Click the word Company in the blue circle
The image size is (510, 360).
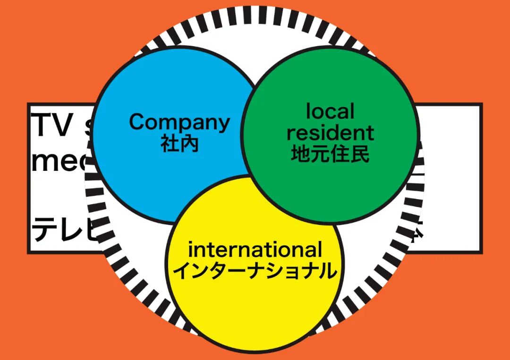point(179,122)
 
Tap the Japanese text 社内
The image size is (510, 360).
point(179,143)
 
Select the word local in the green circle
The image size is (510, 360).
point(330,112)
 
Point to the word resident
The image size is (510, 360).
point(330,133)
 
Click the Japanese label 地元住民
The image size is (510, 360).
point(330,154)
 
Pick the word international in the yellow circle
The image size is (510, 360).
point(255,250)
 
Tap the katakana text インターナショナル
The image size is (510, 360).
point(255,271)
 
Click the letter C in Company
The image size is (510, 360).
point(137,122)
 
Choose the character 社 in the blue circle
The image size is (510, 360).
point(170,143)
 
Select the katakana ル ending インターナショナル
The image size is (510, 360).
point(328,271)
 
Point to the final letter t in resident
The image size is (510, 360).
point(369,134)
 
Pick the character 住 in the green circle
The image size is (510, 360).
point(340,154)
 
